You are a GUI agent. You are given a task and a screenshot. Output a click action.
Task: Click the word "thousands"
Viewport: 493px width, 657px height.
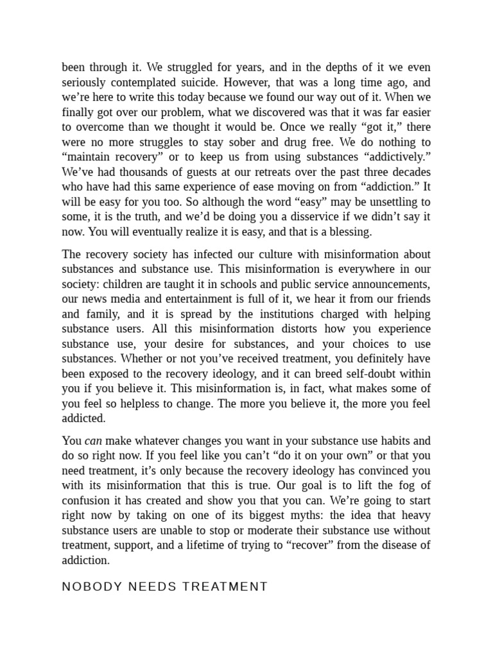[144, 172]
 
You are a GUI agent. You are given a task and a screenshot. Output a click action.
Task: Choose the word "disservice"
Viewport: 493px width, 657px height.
[321, 217]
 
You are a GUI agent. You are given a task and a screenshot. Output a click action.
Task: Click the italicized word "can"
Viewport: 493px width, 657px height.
[94, 441]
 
